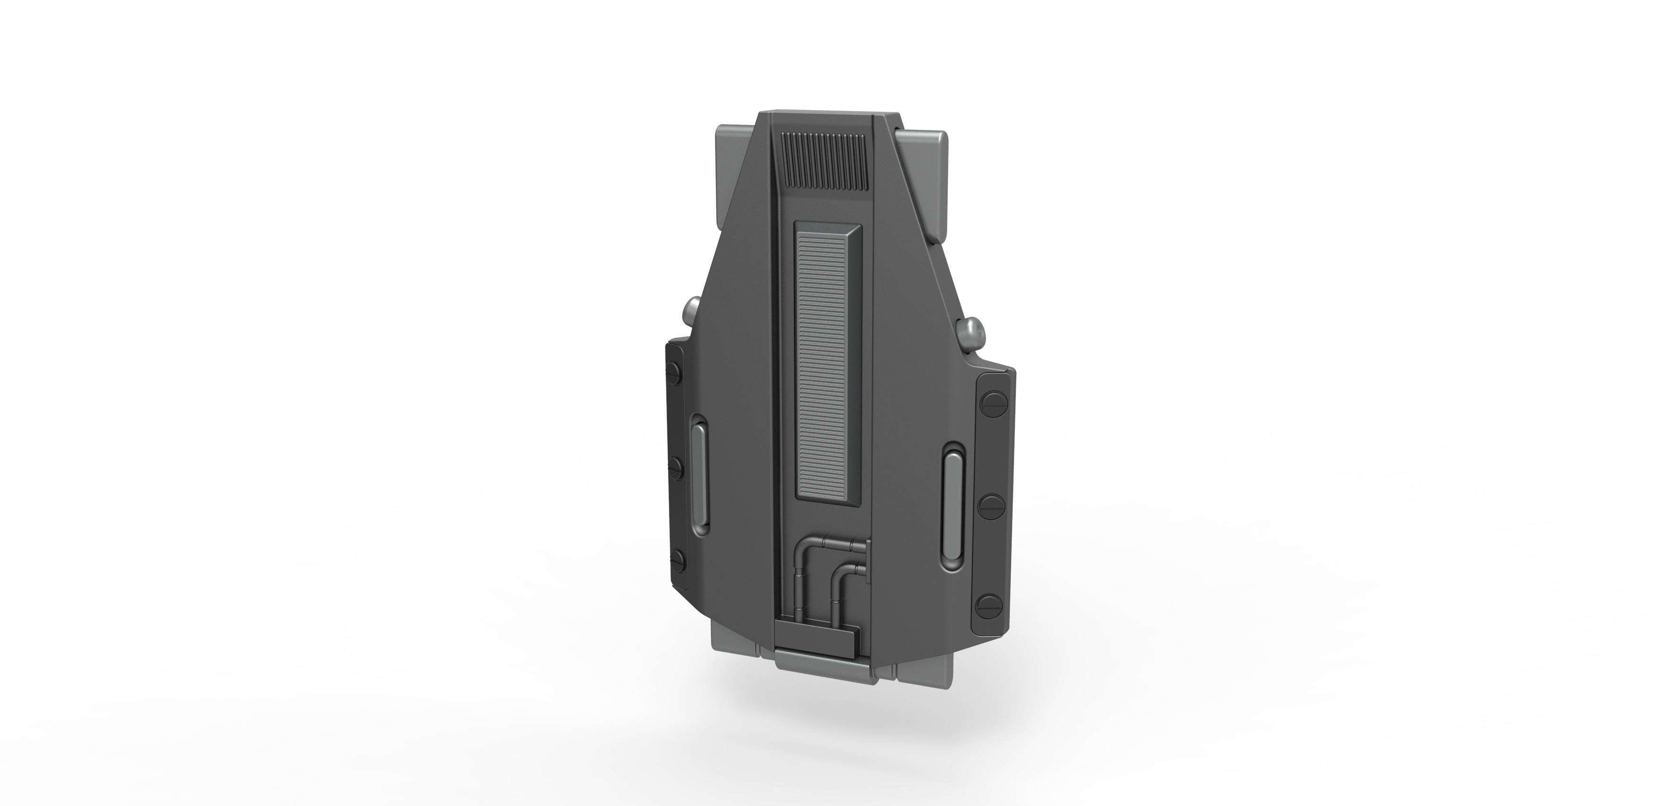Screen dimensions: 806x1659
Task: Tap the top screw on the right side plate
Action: [x=990, y=403]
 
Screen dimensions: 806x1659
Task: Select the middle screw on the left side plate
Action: [x=675, y=465]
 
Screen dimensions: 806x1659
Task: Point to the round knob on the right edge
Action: [x=973, y=332]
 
